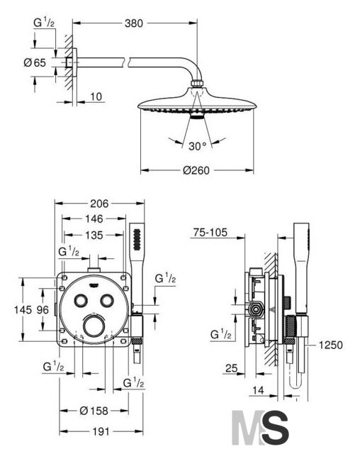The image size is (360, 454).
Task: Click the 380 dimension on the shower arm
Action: point(134,23)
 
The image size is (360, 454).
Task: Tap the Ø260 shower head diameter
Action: point(196,170)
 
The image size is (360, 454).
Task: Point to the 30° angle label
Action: point(198,146)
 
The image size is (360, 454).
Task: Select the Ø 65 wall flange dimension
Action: point(35,62)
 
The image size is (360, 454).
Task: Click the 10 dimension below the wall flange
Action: point(96,96)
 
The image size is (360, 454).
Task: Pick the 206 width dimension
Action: point(99,204)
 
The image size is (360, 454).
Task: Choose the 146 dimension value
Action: point(94,218)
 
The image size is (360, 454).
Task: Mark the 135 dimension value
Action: point(94,235)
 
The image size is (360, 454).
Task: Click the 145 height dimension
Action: point(23,310)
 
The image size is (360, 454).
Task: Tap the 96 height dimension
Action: point(43,310)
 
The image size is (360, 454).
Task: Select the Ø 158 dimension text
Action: point(94,411)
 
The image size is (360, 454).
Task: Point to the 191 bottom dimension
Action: point(101,432)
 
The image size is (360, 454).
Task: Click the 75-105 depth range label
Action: point(210,232)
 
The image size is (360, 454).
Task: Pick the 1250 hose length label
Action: point(330,345)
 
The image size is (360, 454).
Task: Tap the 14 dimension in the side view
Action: point(258,390)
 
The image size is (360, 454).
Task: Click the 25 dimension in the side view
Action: point(232,368)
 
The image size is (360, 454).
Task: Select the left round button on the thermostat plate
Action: point(80,300)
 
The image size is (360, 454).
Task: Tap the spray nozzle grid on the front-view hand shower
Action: point(137,239)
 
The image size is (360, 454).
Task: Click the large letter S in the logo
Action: point(275,428)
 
